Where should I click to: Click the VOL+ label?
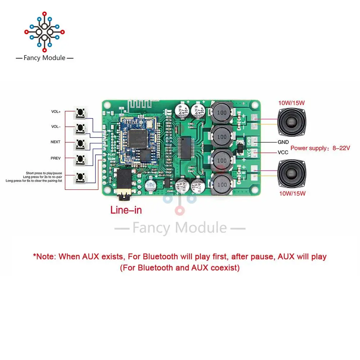pos(56,112)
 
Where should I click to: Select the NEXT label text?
pos(55,142)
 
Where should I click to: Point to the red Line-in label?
pos(126,210)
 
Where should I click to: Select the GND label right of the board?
pos(283,142)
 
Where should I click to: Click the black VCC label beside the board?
pos(283,152)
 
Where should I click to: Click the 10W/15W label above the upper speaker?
pos(291,103)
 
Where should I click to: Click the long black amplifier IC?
pos(188,147)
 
